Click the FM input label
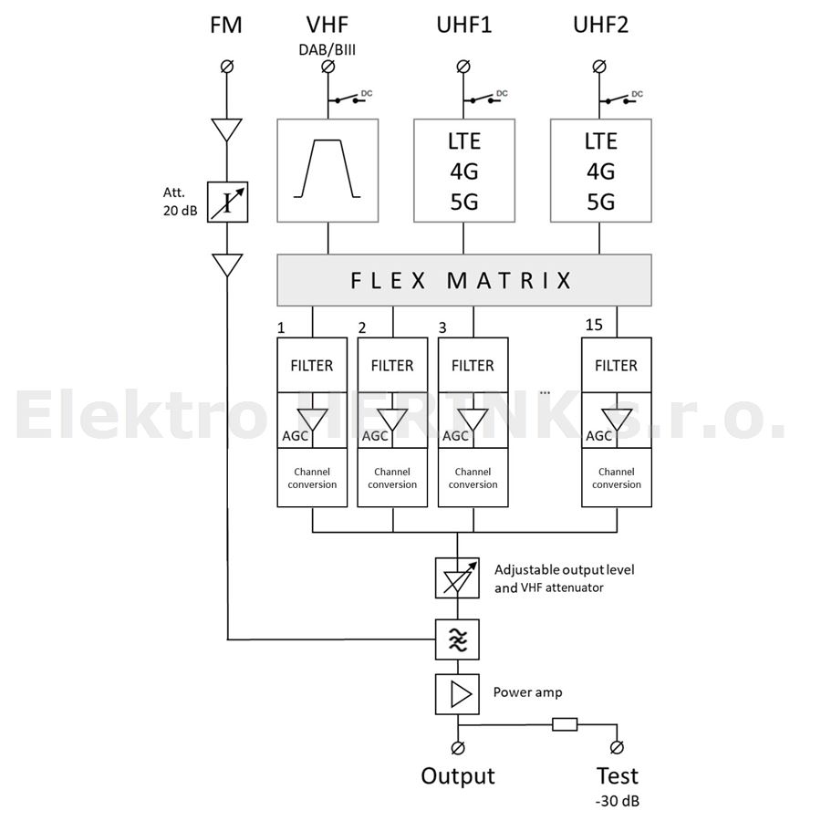225,25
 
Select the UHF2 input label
601,25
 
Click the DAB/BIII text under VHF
327,48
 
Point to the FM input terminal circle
226,67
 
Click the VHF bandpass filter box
327,171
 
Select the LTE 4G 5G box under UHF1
463,171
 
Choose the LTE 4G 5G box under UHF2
600,171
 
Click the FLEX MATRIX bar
463,280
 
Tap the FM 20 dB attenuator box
226,203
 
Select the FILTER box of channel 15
616,366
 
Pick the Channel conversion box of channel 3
473,478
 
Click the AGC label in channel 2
375,436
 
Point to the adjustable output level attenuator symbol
455,577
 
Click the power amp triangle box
456,695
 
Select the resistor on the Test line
564,726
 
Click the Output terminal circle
457,747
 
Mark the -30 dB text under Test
618,802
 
